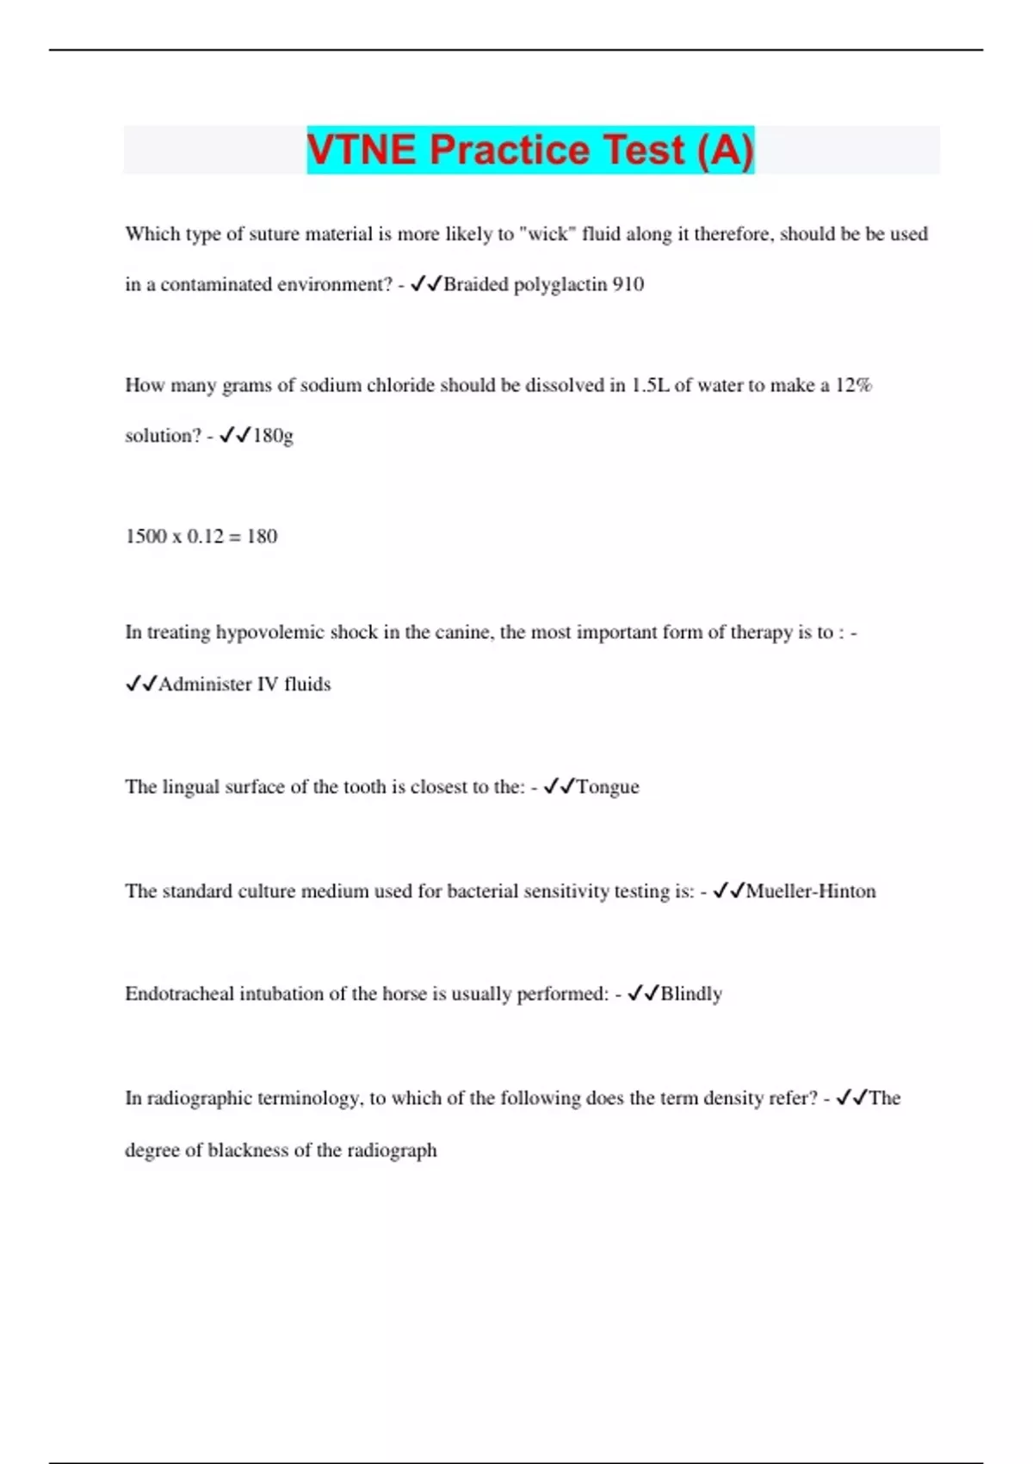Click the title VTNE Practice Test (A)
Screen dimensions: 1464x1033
tap(530, 150)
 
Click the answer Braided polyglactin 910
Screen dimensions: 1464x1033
tap(543, 284)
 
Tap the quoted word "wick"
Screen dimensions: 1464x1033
tap(547, 234)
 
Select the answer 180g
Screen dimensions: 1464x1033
tap(273, 436)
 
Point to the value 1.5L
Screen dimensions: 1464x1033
tap(650, 386)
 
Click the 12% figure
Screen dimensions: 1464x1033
tap(853, 386)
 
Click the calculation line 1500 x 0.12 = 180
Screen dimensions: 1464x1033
tap(201, 537)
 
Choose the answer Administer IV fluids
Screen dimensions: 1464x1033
tap(244, 685)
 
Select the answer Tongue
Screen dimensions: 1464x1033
tap(608, 787)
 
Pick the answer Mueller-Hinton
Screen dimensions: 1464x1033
tap(811, 891)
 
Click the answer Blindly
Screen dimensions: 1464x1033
tap(691, 994)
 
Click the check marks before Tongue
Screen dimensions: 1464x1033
tap(560, 786)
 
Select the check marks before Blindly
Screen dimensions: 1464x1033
tap(643, 993)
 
